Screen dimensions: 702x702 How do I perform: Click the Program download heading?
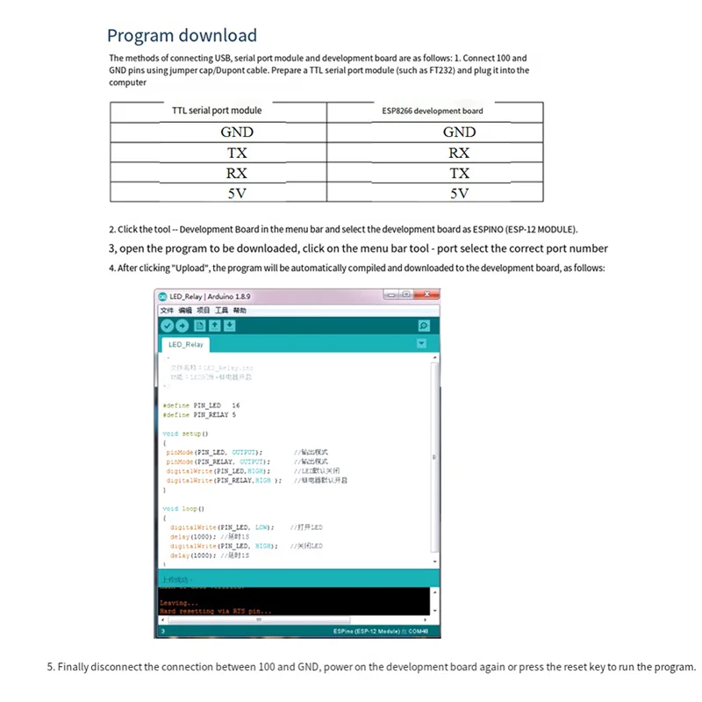pyautogui.click(x=182, y=36)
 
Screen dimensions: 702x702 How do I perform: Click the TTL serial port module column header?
pyautogui.click(x=217, y=111)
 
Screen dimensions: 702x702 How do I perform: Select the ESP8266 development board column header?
pyautogui.click(x=432, y=111)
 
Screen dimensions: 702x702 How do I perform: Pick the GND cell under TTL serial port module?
pyautogui.click(x=236, y=133)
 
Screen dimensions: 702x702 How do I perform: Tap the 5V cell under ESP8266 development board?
pyautogui.click(x=459, y=194)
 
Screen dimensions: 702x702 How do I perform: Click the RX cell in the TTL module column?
pyautogui.click(x=236, y=173)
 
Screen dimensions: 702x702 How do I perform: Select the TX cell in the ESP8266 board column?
pyautogui.click(x=459, y=173)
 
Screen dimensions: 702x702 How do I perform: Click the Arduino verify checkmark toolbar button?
pyautogui.click(x=167, y=326)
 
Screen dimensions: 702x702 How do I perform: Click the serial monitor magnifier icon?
pyautogui.click(x=424, y=326)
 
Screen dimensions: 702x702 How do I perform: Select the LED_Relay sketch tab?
pyautogui.click(x=186, y=345)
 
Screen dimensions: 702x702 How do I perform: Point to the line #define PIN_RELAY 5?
pyautogui.click(x=199, y=414)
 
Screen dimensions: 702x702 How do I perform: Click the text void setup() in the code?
pyautogui.click(x=185, y=433)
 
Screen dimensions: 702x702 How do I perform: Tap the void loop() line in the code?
pyautogui.click(x=183, y=508)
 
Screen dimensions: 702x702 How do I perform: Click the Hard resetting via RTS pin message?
pyautogui.click(x=216, y=611)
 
